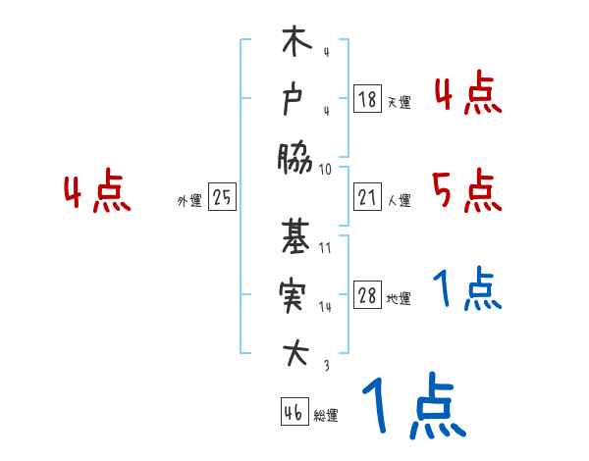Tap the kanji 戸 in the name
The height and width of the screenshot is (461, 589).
[294, 101]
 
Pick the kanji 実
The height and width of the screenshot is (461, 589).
[294, 294]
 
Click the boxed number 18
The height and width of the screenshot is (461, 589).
[366, 99]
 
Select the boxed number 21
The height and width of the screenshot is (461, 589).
[366, 198]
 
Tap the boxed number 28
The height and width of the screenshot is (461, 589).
[366, 296]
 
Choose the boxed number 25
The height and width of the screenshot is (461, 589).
[222, 198]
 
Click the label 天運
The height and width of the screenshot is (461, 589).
[399, 102]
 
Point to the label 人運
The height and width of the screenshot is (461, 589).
[399, 201]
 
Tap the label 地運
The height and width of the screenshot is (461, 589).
[399, 299]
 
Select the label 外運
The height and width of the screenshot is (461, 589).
[188, 201]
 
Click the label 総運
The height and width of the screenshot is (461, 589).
[326, 416]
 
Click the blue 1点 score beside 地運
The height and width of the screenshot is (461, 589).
[467, 289]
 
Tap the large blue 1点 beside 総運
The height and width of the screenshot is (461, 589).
[412, 406]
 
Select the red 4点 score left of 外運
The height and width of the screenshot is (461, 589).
[97, 193]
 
